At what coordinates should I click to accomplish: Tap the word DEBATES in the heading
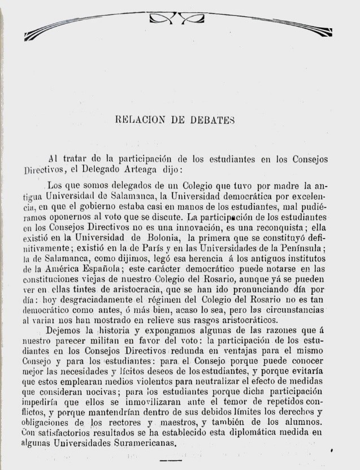[x=210, y=119]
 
